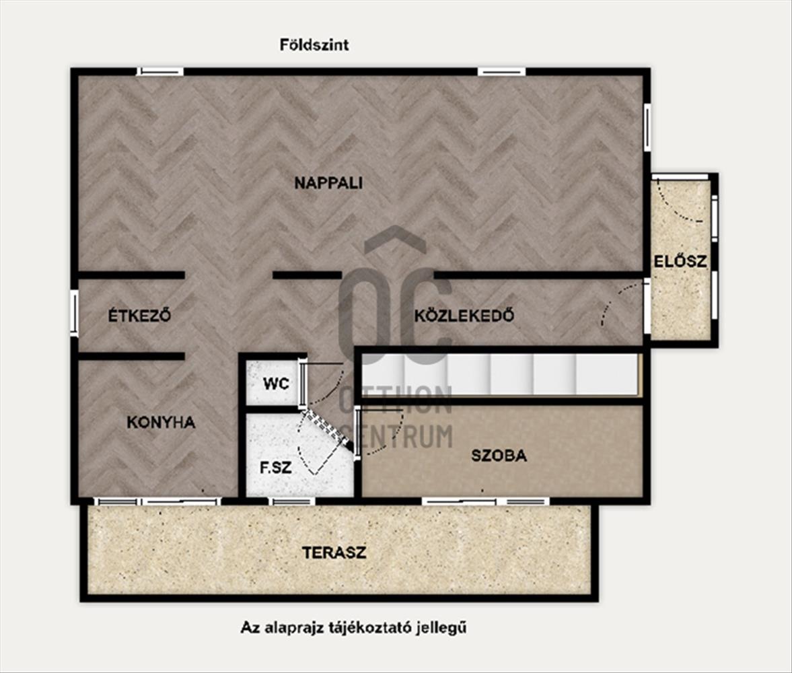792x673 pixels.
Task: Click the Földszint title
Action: pos(314,45)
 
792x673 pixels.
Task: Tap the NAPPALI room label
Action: pos(328,183)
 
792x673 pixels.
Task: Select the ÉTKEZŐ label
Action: pos(139,315)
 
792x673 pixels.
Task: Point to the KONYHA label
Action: pos(161,423)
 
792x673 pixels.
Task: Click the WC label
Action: pos(276,384)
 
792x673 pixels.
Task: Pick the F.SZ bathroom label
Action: pos(276,468)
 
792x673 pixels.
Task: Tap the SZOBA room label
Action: pos(499,456)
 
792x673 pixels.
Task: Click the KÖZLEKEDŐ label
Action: pos(464,315)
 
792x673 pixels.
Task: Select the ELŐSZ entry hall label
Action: pos(680,261)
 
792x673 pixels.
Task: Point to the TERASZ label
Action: pos(334,553)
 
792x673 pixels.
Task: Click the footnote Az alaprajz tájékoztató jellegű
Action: pos(353,628)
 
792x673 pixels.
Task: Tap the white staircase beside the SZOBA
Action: pos(500,374)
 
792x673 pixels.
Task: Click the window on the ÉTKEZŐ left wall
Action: pos(74,313)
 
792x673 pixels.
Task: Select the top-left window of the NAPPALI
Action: pos(159,72)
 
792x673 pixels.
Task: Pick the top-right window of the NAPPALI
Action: pos(501,72)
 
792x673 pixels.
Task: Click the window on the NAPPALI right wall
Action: pos(647,127)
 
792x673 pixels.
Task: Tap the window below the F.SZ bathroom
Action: pos(291,501)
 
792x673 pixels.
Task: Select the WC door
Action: pos(303,383)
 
